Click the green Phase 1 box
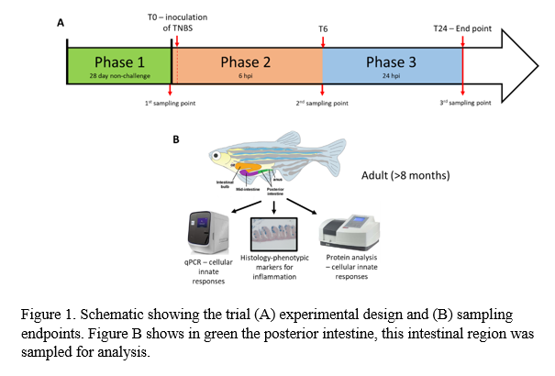[x=119, y=66]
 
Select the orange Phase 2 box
[x=247, y=66]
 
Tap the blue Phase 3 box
[x=392, y=66]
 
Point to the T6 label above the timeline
[x=323, y=29]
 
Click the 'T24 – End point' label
[x=462, y=29]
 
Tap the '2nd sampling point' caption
[x=322, y=103]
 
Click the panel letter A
[x=61, y=25]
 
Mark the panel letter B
[x=177, y=139]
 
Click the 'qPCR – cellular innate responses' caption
[x=207, y=271]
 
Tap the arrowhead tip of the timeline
[x=536, y=66]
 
